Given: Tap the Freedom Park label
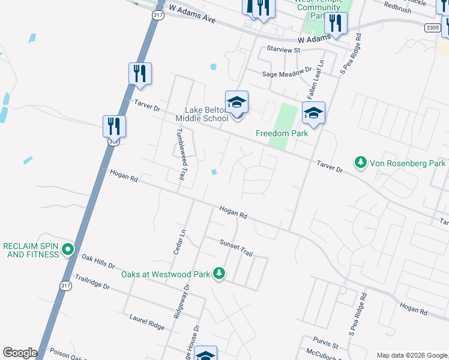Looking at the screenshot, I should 282,133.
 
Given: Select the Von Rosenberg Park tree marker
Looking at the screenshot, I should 361,163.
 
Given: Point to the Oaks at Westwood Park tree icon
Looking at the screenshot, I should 220,274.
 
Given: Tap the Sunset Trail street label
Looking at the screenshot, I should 236,247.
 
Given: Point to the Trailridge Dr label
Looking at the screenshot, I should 92,282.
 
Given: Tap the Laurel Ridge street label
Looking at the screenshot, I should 146,322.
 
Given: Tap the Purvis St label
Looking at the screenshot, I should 327,346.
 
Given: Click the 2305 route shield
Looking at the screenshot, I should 432,28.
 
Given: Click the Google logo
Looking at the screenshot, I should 19,353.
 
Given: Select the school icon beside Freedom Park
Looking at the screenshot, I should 313,112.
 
